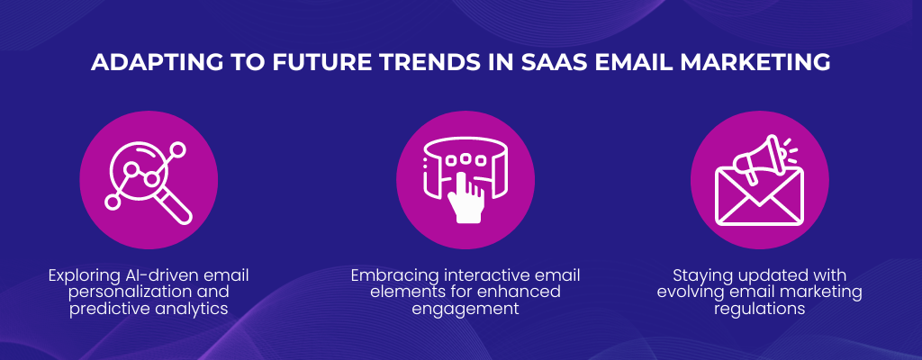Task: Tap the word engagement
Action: click(x=466, y=308)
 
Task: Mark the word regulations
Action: click(x=759, y=308)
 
